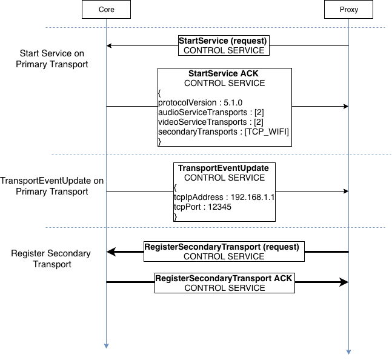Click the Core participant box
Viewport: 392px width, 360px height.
point(106,10)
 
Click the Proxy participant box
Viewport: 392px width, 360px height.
point(349,10)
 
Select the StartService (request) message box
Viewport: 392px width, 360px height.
point(224,45)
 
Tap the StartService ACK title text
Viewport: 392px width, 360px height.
point(224,74)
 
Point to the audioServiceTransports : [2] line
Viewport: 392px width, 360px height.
point(210,113)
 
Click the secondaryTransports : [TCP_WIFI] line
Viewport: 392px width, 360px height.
point(224,132)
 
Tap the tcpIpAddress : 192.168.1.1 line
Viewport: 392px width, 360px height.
point(224,197)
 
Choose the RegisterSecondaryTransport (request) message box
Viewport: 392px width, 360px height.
point(224,252)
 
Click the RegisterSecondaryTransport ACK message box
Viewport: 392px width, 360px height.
point(224,283)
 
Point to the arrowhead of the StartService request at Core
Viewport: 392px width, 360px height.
point(110,45)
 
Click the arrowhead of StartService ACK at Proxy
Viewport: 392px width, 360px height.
point(345,107)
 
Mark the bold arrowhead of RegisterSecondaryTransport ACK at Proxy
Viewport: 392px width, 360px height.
point(344,282)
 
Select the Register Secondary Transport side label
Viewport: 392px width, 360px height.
point(51,259)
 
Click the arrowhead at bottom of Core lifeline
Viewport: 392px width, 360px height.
point(106,345)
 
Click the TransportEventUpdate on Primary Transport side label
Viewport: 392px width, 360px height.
point(52,186)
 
